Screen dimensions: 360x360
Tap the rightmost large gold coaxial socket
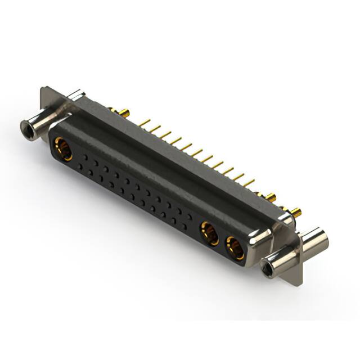(x=235, y=248)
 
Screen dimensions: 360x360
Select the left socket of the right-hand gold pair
(x=210, y=233)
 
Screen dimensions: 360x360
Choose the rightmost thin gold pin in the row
(x=248, y=183)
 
